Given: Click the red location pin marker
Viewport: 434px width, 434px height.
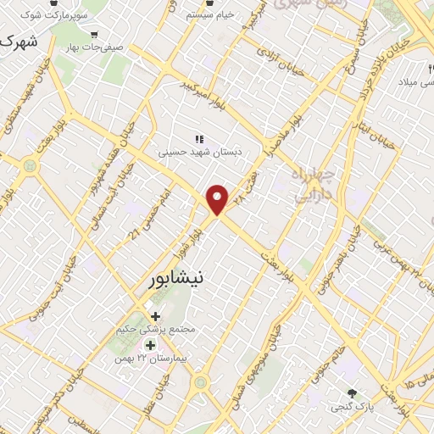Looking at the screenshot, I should click(219, 198).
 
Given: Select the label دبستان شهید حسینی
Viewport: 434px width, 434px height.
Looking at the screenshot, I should click(200, 153).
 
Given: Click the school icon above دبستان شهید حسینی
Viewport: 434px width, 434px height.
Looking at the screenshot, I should click(200, 139).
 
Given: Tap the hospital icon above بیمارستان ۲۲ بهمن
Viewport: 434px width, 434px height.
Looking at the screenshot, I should click(150, 345).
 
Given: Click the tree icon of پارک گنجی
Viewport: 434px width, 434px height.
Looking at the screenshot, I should click(352, 393).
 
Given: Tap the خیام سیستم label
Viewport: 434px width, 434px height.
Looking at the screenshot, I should click(209, 15).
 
